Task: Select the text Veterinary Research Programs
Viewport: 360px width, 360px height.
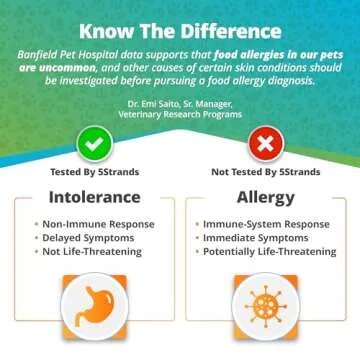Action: [x=180, y=114]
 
